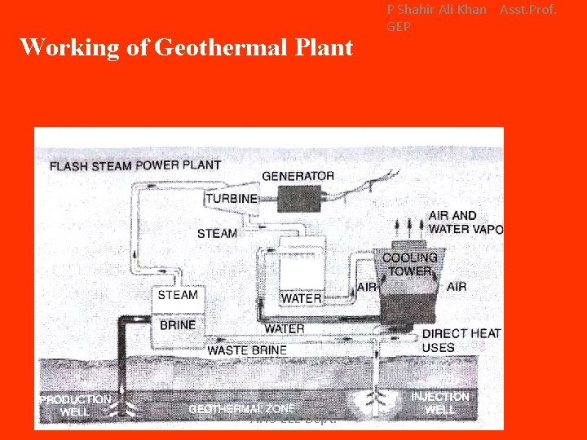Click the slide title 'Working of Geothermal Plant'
coord(186,47)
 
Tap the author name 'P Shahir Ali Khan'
coord(436,10)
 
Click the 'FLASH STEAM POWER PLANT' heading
coord(135,165)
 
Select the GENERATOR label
coord(298,175)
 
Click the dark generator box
coord(299,198)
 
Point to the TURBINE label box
coord(232,199)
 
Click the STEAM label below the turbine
coord(218,233)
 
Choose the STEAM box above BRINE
coord(177,295)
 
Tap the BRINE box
coord(177,324)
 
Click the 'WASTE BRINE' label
coord(247,350)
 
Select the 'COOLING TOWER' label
coord(410,264)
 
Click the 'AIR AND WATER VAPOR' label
coord(466,222)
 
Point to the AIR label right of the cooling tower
coord(457,286)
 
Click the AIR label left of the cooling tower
coord(366,287)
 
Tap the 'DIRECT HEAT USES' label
coord(461,341)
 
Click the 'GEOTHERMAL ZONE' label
coord(241,409)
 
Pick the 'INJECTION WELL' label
coord(439,403)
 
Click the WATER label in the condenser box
coord(301,299)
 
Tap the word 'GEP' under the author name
coord(399,26)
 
